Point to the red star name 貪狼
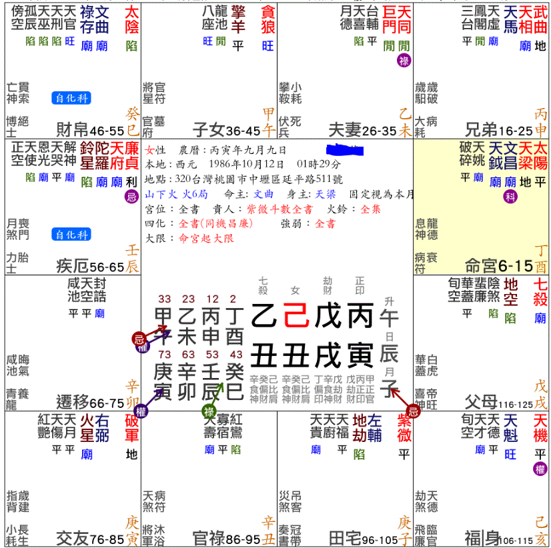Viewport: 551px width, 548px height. (x=267, y=20)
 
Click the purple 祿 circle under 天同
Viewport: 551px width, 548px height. (x=404, y=61)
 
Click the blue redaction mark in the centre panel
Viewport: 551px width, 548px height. (x=345, y=149)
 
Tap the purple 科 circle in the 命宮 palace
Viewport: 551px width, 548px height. (x=510, y=197)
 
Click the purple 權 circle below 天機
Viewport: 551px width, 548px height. (x=540, y=469)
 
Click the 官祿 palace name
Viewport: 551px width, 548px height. (x=208, y=537)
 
